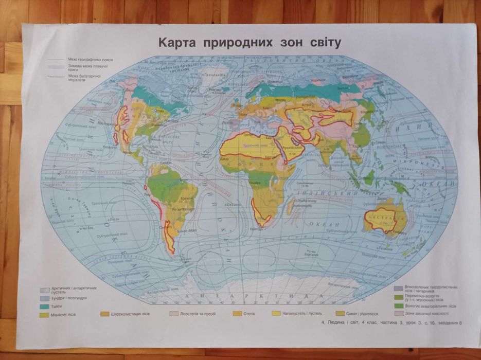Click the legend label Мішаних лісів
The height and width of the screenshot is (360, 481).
[64, 314]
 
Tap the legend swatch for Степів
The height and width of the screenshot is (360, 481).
[237, 314]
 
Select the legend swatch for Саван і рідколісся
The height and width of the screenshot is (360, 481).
[340, 314]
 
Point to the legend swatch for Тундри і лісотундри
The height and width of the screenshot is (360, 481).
[46, 298]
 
